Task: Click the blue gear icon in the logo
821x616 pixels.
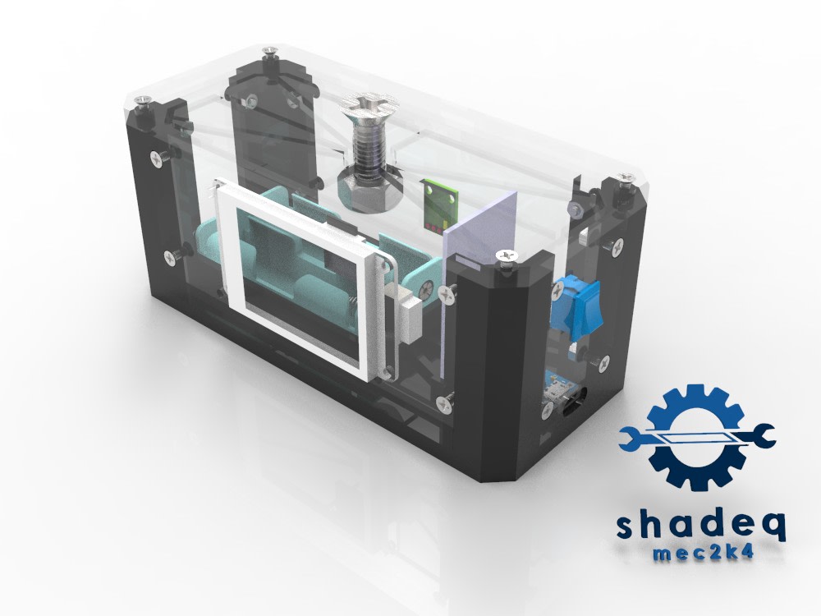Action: pyautogui.click(x=695, y=438)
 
